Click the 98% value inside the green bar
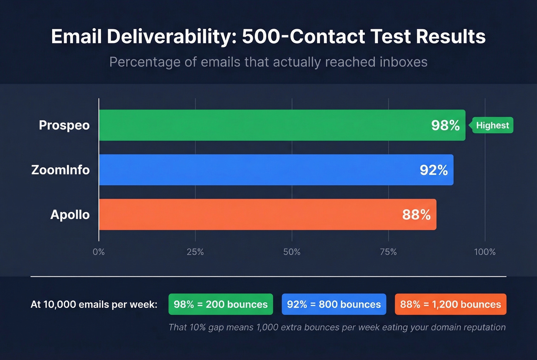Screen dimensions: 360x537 445,125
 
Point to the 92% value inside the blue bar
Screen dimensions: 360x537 433,170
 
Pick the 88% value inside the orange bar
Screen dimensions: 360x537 416,214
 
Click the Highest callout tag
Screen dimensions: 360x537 492,125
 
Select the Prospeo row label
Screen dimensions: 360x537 64,125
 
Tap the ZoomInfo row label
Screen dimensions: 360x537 60,170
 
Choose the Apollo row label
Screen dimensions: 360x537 70,214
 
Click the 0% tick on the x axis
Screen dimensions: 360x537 99,252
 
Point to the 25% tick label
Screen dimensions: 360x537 195,252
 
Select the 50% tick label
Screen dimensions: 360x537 292,252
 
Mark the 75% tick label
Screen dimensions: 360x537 388,252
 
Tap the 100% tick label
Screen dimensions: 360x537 485,252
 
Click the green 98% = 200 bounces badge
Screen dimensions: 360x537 221,304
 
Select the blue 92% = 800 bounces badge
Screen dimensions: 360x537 334,304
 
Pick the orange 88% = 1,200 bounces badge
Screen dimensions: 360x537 450,304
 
